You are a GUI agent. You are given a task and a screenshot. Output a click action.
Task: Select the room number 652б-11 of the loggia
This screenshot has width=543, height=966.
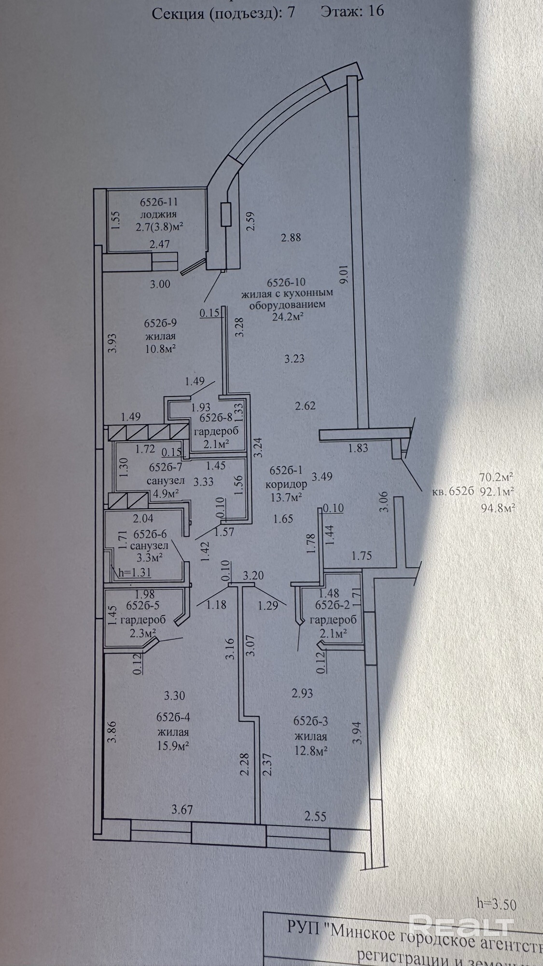[159, 202]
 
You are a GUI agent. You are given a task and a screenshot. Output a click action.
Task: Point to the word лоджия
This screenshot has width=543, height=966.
[158, 214]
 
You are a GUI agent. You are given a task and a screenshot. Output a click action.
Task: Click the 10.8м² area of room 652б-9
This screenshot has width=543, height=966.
[159, 348]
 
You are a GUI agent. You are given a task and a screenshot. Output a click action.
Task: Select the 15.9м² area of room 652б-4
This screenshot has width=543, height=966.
[172, 745]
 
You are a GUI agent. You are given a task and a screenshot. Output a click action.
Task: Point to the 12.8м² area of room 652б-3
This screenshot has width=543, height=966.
[311, 751]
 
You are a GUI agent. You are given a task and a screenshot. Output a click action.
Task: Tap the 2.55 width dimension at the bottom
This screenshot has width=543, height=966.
[315, 816]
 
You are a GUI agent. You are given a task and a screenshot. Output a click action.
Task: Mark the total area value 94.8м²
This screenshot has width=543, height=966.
[496, 508]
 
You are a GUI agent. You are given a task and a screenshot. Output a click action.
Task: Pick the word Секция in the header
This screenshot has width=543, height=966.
[179, 13]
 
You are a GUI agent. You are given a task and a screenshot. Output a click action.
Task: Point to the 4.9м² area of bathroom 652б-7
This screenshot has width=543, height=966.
[165, 494]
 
